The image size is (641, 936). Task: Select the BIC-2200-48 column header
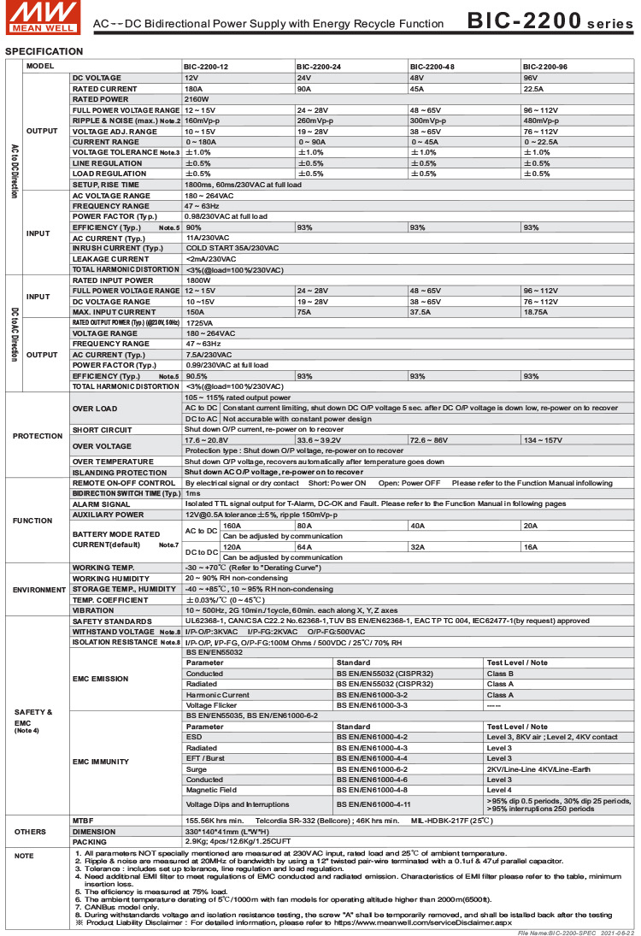click(x=432, y=67)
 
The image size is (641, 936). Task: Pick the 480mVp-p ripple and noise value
click(x=542, y=121)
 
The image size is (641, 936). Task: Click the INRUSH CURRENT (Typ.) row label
click(x=117, y=248)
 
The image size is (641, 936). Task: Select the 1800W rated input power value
click(x=197, y=280)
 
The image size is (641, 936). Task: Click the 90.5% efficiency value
click(x=197, y=376)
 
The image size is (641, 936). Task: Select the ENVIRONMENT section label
click(x=38, y=590)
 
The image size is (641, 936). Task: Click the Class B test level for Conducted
click(x=500, y=674)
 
